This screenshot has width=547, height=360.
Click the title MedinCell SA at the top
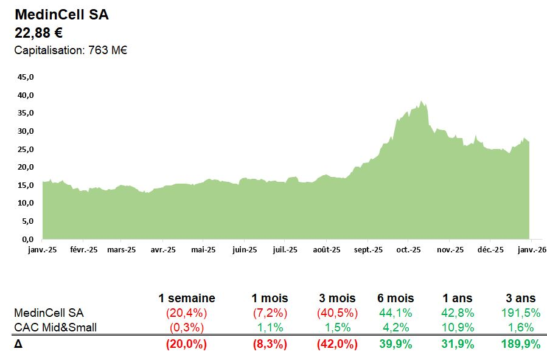pos(61,15)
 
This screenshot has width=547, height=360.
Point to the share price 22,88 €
pos(38,33)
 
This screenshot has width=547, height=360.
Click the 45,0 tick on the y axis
pos(27,77)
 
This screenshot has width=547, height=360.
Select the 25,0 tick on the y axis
pos(27,150)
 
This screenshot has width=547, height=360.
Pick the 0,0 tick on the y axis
pos(29,240)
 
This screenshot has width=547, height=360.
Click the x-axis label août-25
pos(327,250)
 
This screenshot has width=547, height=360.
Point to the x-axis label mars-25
pos(121,250)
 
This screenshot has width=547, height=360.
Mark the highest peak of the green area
pos(420,102)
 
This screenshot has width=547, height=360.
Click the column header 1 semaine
pos(186,299)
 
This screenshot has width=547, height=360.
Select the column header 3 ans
pos(521,299)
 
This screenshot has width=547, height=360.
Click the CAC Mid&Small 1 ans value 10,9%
pos(458,328)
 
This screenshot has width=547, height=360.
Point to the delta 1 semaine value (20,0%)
pos(186,344)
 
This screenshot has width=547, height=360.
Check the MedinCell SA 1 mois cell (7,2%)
pos(270,313)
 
